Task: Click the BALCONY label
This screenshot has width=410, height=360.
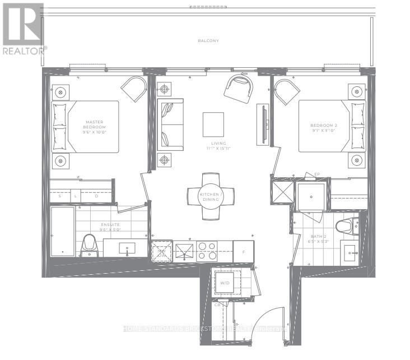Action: click(207, 41)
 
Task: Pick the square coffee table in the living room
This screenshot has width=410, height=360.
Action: click(213, 124)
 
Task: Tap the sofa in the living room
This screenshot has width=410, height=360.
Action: click(170, 124)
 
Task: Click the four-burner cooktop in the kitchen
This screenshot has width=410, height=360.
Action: click(207, 251)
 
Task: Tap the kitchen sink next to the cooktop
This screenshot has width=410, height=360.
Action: click(184, 251)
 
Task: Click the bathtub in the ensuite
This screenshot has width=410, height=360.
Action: click(62, 231)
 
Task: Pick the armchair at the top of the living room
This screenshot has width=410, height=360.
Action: click(238, 87)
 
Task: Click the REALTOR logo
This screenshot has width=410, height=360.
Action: click(23, 27)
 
